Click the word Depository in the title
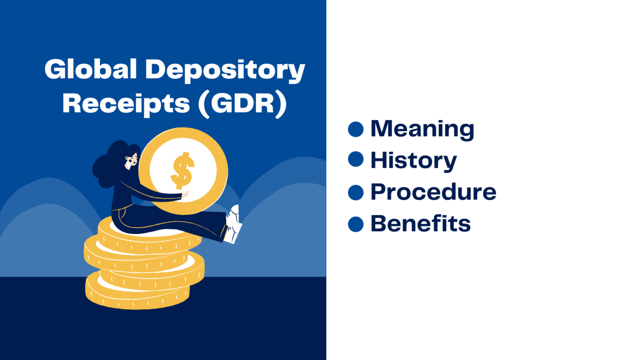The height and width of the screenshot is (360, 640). (225, 70)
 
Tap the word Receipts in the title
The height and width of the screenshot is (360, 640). (126, 103)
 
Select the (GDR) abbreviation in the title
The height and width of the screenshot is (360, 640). (242, 103)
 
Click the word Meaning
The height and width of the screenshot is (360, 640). (422, 128)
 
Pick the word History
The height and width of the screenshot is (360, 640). (413, 160)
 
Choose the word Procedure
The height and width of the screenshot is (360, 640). (433, 192)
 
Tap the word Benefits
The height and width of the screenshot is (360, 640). (420, 224)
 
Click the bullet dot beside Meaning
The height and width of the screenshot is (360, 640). (356, 129)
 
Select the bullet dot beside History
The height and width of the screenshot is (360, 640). (356, 159)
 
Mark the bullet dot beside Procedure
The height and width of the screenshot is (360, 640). (356, 192)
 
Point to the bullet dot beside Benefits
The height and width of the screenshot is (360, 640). (356, 224)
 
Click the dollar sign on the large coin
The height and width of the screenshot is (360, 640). (182, 170)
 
